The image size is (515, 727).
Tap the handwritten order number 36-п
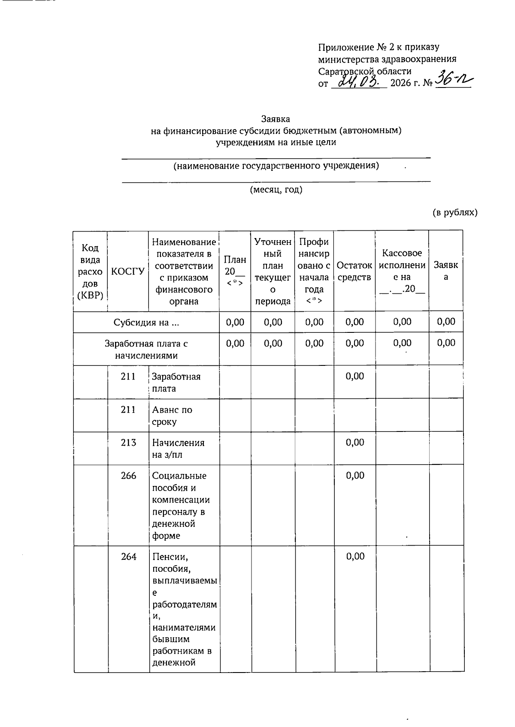(x=453, y=79)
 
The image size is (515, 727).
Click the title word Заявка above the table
(x=276, y=119)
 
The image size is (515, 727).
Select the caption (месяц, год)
(x=276, y=190)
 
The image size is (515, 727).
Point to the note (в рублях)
(x=454, y=212)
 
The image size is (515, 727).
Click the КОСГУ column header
(x=127, y=271)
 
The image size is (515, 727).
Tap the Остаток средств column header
(x=354, y=271)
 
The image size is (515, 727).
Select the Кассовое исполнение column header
(x=402, y=271)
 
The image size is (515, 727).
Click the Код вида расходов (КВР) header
(x=90, y=271)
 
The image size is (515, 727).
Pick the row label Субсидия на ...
(x=146, y=323)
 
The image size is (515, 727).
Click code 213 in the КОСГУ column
(x=128, y=443)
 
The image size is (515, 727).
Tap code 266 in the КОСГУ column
(x=128, y=476)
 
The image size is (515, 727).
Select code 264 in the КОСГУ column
(x=128, y=557)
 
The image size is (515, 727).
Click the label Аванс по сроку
(x=172, y=416)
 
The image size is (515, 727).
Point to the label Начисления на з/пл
(x=178, y=449)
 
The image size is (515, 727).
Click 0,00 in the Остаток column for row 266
(x=355, y=475)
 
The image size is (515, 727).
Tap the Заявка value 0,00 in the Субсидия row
(x=446, y=322)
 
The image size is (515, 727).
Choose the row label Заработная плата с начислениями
(x=146, y=350)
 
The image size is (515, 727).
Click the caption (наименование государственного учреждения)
(x=276, y=166)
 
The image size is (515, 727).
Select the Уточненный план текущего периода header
(x=273, y=271)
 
